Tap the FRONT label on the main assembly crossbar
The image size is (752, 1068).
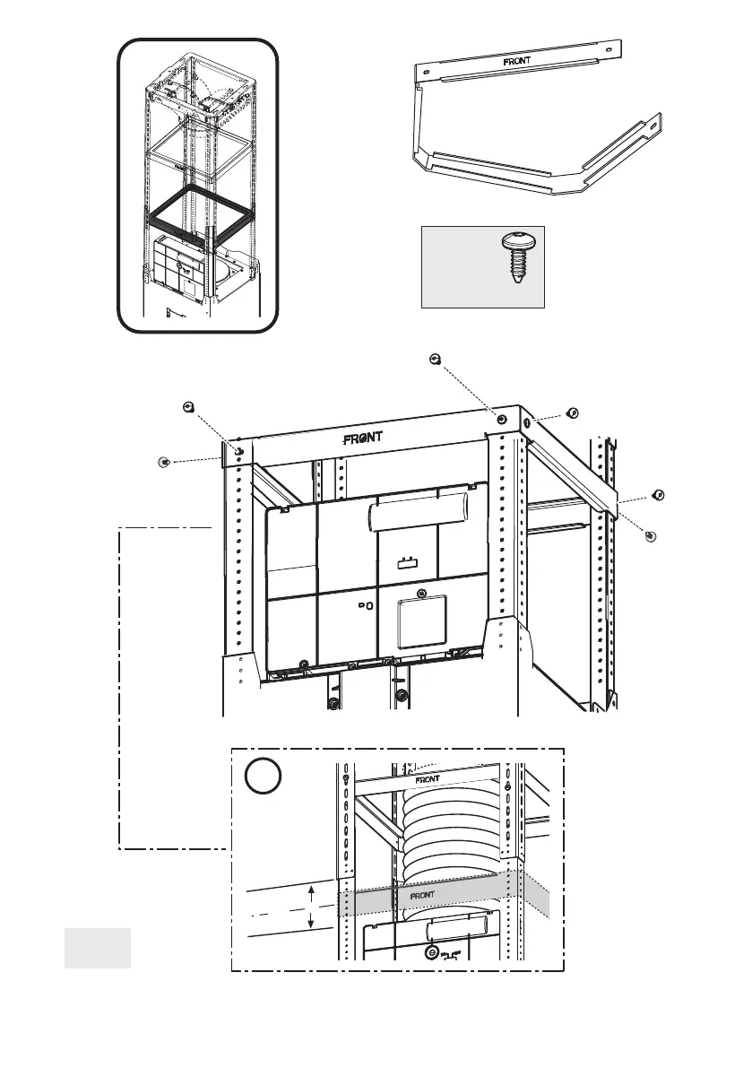tap(364, 438)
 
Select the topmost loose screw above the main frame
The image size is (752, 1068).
tap(435, 360)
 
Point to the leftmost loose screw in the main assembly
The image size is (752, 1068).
tap(163, 461)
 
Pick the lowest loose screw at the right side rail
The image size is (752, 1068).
tap(651, 535)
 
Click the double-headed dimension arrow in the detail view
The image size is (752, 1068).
tap(310, 907)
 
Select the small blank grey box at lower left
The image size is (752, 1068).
tap(98, 948)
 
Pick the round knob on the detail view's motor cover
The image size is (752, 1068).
tap(432, 951)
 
